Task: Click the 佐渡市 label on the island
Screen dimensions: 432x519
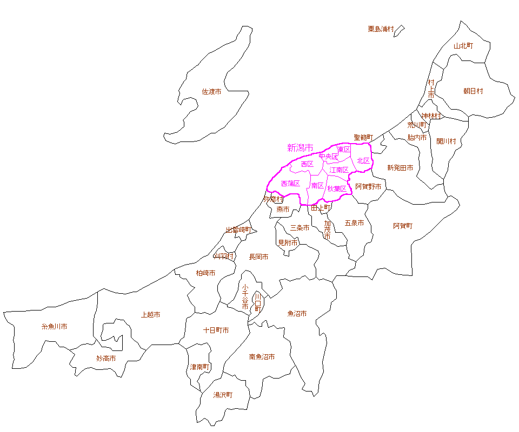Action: click(211, 92)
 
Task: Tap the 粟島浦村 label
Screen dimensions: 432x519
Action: click(381, 29)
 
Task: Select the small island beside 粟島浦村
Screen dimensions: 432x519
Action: click(399, 31)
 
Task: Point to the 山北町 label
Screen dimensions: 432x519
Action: click(463, 46)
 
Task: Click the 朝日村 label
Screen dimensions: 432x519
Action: click(473, 91)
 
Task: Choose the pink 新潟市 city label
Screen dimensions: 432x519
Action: click(300, 147)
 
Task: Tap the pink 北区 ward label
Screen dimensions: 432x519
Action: click(363, 161)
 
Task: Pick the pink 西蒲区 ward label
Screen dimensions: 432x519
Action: click(290, 184)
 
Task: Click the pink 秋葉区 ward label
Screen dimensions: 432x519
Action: click(336, 188)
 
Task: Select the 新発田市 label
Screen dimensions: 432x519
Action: click(400, 168)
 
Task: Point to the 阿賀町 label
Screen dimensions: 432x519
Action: click(402, 226)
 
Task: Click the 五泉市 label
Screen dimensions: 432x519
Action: click(354, 222)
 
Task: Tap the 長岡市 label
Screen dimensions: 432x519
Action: click(258, 257)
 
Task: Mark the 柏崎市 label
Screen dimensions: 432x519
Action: click(205, 273)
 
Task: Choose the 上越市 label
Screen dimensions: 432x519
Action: click(150, 314)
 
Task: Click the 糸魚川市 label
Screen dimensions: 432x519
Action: click(54, 327)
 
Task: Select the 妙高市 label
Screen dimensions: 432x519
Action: click(106, 358)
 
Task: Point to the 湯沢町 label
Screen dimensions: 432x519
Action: click(223, 395)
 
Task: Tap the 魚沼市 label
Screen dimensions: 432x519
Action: click(297, 313)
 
